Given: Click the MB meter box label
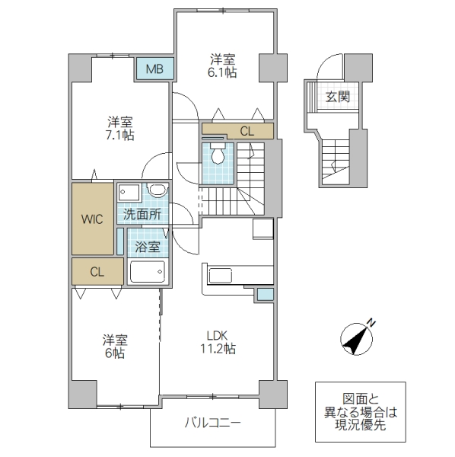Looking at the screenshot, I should [x=154, y=70].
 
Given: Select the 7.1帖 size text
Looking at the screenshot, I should [x=120, y=135].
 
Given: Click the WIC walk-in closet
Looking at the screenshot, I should [x=92, y=219].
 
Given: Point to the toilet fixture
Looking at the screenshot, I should [x=218, y=155].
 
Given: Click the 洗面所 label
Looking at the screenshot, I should [x=143, y=215].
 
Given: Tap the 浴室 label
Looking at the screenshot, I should [x=147, y=247].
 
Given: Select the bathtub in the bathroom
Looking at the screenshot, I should [x=148, y=271].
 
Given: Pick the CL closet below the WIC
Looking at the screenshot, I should [x=97, y=270].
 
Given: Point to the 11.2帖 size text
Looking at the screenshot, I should [x=218, y=350].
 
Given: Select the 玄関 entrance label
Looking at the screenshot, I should [x=337, y=97].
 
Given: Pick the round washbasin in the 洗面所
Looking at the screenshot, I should [x=157, y=191].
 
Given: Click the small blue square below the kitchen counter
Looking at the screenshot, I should [x=265, y=294].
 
